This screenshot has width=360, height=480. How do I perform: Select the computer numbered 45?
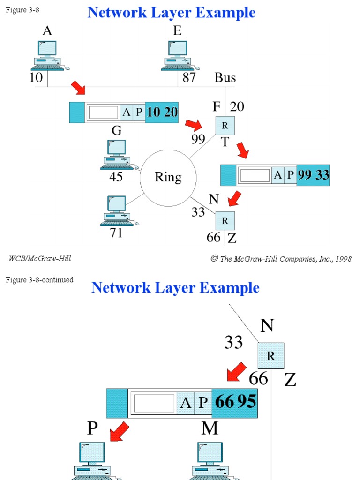pyautogui.click(x=116, y=154)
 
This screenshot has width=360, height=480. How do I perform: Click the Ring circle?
pyautogui.click(x=168, y=177)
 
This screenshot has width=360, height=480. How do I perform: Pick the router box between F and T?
pyautogui.click(x=225, y=126)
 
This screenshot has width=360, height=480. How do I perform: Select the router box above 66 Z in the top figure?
pyautogui.click(x=225, y=220)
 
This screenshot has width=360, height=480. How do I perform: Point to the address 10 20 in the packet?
pyautogui.click(x=162, y=112)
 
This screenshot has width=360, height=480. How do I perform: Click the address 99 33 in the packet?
pyautogui.click(x=313, y=175)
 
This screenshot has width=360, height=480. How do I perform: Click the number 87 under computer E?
pyautogui.click(x=189, y=77)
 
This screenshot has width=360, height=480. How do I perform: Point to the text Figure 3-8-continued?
pyautogui.click(x=39, y=280)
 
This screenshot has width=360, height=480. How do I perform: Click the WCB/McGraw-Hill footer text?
pyautogui.click(x=40, y=258)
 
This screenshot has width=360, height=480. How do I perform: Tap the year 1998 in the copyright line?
pyautogui.click(x=343, y=259)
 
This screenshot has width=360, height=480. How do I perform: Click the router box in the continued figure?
pyautogui.click(x=270, y=356)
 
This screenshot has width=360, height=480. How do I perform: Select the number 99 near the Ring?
pyautogui.click(x=198, y=139)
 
